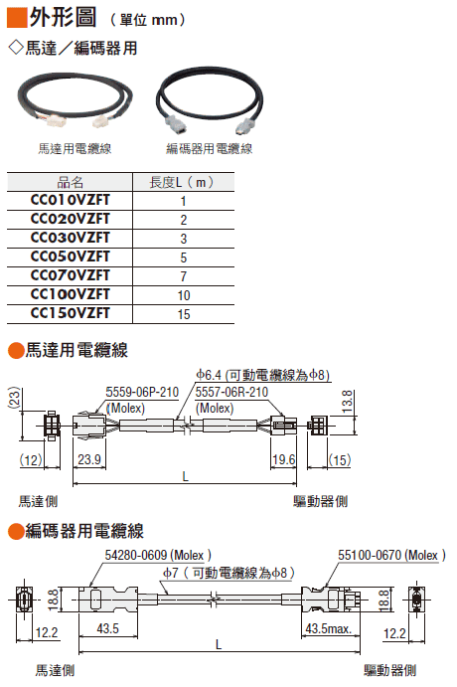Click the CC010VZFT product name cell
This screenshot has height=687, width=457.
pyautogui.click(x=70, y=200)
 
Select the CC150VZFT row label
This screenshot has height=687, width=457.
pyautogui.click(x=70, y=314)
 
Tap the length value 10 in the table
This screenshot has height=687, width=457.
pyautogui.click(x=184, y=295)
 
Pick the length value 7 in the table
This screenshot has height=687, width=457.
pyautogui.click(x=184, y=277)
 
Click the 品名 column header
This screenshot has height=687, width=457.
pyautogui.click(x=70, y=182)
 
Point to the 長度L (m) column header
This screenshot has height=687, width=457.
pyautogui.click(x=182, y=182)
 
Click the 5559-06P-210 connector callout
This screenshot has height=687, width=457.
pyautogui.click(x=142, y=392)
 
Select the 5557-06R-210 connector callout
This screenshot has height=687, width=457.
pyautogui.click(x=231, y=392)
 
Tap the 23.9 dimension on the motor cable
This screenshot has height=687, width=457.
pyautogui.click(x=89, y=459)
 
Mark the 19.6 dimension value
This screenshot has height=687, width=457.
pyautogui.click(x=284, y=459)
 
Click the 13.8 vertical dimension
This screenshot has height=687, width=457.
pyautogui.click(x=347, y=401)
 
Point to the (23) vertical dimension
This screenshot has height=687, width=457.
pyautogui.click(x=15, y=398)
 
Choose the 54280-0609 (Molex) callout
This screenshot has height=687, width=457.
pyautogui.click(x=158, y=556)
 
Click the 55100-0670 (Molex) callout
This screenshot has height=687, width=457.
pyautogui.click(x=391, y=555)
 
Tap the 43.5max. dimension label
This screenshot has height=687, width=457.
pyautogui.click(x=328, y=628)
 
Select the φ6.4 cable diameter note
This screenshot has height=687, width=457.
pyautogui.click(x=262, y=375)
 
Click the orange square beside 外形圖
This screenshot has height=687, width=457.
pyautogui.click(x=17, y=18)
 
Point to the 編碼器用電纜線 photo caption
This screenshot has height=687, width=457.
pyautogui.click(x=210, y=149)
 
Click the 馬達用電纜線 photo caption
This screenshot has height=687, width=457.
pyautogui.click(x=75, y=149)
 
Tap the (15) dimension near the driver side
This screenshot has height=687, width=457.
pyautogui.click(x=340, y=460)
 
